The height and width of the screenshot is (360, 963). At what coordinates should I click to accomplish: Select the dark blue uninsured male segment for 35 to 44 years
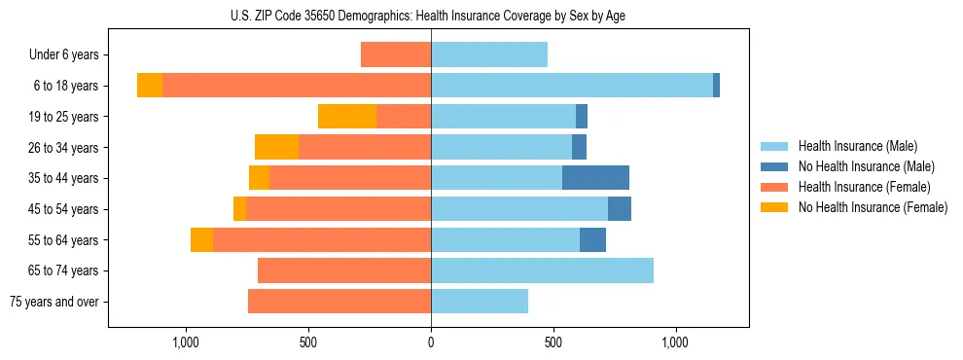[595, 177]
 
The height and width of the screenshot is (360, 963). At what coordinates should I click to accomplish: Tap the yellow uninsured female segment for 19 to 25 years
[347, 116]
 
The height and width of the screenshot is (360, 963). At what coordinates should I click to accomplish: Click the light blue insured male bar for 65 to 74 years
[542, 270]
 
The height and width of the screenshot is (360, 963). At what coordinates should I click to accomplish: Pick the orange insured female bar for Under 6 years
[396, 54]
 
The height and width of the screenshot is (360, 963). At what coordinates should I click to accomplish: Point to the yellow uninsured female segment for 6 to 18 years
[150, 86]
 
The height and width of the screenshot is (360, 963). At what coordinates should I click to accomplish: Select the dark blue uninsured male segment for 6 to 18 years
[716, 86]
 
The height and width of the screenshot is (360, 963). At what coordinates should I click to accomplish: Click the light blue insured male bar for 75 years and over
[480, 301]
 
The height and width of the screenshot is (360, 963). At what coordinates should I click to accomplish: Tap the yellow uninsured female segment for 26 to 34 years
[276, 147]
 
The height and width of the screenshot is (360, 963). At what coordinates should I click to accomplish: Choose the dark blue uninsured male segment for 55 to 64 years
[592, 239]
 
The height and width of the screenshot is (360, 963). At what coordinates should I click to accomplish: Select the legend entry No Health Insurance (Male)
[865, 166]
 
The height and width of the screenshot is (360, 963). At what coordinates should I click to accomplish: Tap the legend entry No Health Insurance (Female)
[872, 207]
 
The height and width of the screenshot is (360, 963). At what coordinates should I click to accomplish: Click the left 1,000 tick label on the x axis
[186, 342]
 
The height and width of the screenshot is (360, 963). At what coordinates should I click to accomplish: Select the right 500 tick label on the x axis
[553, 342]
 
